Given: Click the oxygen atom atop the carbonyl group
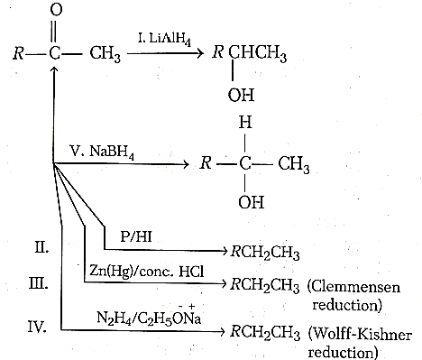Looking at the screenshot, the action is [x=56, y=10].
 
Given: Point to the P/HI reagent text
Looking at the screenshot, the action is [x=136, y=236].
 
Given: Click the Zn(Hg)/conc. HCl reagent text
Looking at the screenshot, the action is [x=147, y=272].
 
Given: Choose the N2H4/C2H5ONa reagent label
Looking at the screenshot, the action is [x=149, y=316].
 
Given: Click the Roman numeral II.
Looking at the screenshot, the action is [x=41, y=248].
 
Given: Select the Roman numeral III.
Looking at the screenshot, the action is [x=38, y=283].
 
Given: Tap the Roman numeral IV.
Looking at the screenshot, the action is [x=37, y=327].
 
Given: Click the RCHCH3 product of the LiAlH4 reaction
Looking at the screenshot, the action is [x=249, y=53].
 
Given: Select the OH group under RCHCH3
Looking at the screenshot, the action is [x=241, y=95].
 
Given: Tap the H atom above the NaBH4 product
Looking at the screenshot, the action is [x=245, y=123].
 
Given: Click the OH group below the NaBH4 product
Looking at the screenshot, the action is [x=252, y=202].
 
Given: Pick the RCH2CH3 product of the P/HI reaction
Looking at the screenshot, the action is [x=265, y=253].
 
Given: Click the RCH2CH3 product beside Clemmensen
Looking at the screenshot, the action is [x=265, y=285].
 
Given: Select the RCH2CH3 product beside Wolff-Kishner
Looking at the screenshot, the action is [x=265, y=333].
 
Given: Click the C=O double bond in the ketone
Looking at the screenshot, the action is [x=53, y=32].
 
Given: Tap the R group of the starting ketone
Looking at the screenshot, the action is [x=19, y=53].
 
